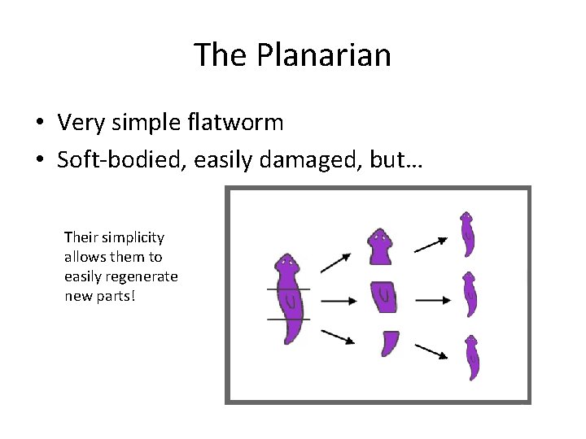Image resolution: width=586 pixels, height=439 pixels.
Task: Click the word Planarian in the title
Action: pos(324,55)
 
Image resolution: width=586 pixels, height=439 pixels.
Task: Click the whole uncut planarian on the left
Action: pos(288,298)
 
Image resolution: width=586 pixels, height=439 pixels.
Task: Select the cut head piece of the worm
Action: pos(379,246)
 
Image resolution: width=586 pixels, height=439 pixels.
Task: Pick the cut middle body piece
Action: pos(383,298)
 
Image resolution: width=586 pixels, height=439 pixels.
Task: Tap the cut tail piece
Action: pos(389,343)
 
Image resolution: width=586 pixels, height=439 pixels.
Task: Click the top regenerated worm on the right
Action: pos(467,234)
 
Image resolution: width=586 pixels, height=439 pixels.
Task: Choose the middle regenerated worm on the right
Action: pos(469,294)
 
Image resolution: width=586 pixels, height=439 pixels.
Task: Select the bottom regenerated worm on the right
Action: pos(471,358)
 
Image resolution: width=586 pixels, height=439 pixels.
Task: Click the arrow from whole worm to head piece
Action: pos(335,262)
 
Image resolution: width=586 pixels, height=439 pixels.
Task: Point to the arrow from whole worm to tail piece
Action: pos(337,337)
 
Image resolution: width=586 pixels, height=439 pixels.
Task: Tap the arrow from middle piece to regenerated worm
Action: pos(432,300)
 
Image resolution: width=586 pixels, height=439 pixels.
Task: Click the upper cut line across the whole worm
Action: pos(288,289)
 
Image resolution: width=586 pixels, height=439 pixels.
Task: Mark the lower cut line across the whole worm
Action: pos(288,319)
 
